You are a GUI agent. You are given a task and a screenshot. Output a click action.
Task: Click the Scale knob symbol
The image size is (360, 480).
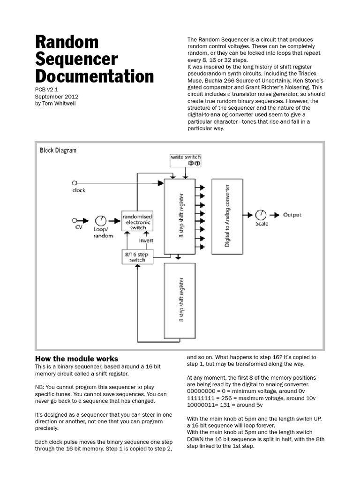[261, 215]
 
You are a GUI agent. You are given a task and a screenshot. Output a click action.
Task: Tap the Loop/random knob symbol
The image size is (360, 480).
[101, 220]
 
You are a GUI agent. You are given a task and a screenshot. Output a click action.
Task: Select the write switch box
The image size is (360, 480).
[186, 160]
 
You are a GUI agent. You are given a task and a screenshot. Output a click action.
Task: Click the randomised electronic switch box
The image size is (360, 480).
[137, 222]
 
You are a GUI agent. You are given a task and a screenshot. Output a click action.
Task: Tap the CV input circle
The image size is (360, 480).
[74, 220]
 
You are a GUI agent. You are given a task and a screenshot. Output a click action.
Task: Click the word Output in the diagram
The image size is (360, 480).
[292, 215]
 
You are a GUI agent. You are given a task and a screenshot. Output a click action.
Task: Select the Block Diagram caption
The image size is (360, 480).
[58, 150]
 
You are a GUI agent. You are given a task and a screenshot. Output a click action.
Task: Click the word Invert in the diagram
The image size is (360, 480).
[146, 240]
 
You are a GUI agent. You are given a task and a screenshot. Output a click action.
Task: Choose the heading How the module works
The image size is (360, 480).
[77, 359]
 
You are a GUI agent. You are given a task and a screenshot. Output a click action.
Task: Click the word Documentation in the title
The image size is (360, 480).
[94, 76]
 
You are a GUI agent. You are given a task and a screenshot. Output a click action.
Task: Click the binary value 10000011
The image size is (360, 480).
[203, 405]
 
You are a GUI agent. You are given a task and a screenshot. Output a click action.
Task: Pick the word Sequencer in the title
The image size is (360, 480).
[76, 59]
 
